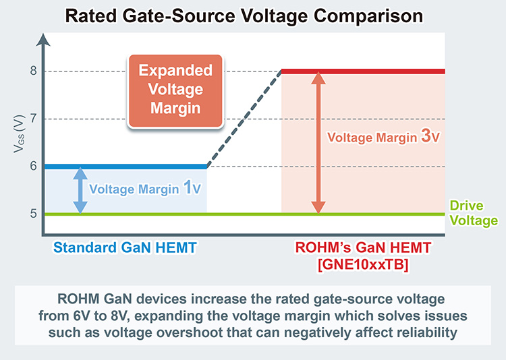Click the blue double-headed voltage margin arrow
80,190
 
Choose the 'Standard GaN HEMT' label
125,247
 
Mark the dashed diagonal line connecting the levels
244,119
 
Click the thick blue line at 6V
124,167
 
